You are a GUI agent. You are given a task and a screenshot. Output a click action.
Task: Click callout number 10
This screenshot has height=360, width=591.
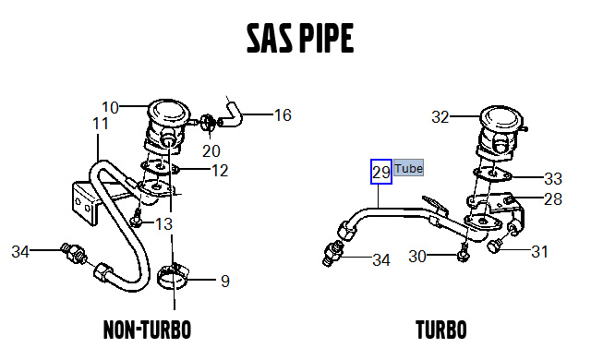(111, 107)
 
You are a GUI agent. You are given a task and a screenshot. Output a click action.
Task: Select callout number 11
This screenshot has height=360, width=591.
(101, 123)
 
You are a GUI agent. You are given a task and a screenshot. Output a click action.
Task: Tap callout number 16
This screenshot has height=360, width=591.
(283, 115)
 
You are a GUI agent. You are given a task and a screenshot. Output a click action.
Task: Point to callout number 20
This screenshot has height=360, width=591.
(211, 150)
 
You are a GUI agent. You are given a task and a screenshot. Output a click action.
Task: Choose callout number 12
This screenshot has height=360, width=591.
(220, 170)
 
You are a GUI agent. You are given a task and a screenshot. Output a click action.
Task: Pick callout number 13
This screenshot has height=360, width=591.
(163, 223)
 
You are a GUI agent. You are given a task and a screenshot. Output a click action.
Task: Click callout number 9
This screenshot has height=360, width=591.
(224, 281)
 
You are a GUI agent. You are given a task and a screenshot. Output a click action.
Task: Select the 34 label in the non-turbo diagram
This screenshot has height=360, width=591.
(21, 251)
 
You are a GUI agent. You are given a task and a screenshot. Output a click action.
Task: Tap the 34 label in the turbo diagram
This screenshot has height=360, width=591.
(381, 260)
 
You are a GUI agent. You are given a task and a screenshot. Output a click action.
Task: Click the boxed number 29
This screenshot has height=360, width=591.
(381, 172)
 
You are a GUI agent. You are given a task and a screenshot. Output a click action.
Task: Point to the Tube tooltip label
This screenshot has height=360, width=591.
(409, 169)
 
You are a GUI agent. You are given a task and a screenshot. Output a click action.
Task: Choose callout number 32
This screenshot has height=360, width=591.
(440, 117)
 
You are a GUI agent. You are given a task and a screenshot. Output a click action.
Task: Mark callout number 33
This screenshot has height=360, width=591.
(552, 177)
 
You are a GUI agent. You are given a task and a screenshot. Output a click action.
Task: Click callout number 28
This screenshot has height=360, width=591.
(552, 198)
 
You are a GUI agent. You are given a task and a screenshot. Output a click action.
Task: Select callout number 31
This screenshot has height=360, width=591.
(539, 250)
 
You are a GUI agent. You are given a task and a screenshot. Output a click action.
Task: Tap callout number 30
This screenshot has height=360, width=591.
(418, 256)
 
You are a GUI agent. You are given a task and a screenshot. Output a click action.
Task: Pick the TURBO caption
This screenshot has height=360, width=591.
(440, 330)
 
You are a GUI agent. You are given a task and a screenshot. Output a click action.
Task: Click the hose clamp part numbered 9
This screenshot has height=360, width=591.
(175, 275)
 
